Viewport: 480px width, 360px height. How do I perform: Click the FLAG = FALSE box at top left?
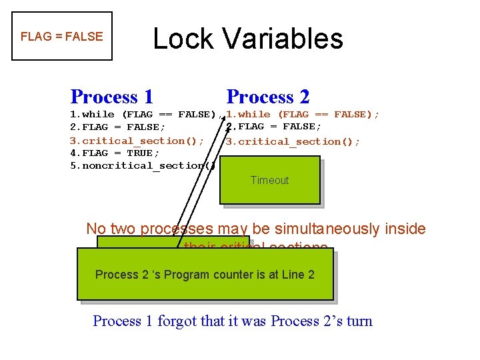point(62,36)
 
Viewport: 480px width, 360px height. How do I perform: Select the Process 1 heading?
point(111,97)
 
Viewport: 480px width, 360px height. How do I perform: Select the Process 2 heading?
point(268,97)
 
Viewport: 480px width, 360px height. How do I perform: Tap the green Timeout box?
point(270,180)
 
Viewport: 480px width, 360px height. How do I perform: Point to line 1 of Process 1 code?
point(143,114)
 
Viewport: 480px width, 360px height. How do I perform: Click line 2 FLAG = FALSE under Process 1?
point(118,127)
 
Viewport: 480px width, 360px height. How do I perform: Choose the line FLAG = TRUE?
point(115,153)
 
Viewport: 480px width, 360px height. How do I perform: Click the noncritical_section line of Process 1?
point(142,165)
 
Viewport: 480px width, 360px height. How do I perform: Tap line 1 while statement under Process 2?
point(303,114)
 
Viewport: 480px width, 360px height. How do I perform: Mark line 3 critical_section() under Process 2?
point(293,141)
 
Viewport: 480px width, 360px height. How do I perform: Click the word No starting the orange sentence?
point(95,229)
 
